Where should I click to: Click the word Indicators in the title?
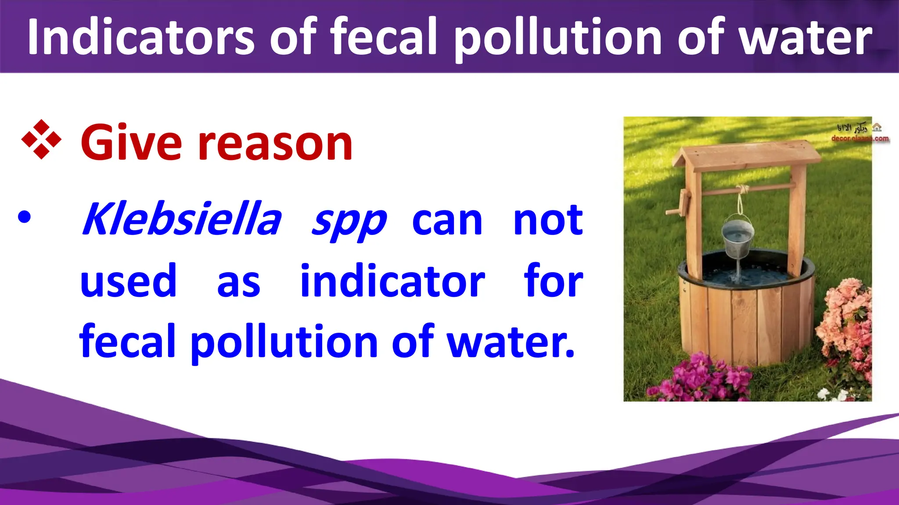pyautogui.click(x=140, y=37)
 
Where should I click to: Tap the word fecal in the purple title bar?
pyautogui.click(x=384, y=37)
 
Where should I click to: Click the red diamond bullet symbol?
pyautogui.click(x=41, y=139)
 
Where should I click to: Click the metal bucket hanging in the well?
pyautogui.click(x=737, y=239)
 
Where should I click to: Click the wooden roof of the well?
pyautogui.click(x=746, y=156)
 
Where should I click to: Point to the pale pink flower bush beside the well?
pyautogui.click(x=845, y=324)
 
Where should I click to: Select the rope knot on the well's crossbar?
pyautogui.click(x=743, y=189)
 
